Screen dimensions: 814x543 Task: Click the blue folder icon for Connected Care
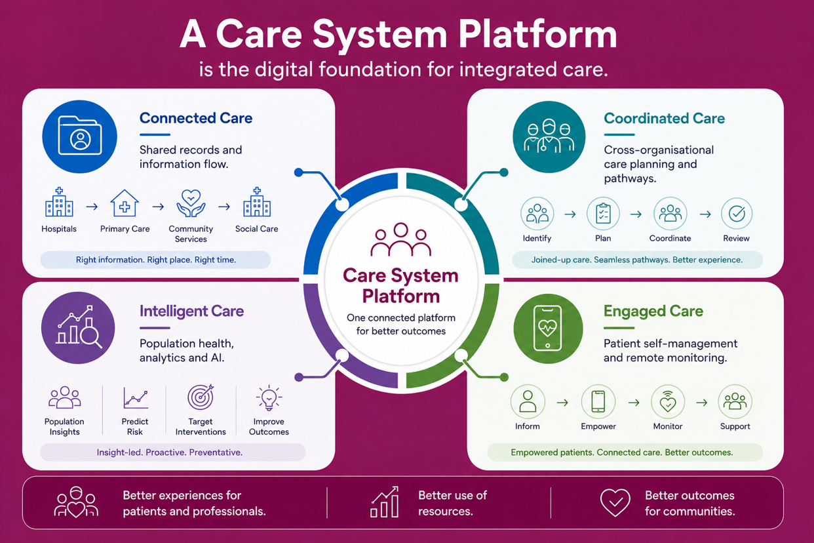pos(79,136)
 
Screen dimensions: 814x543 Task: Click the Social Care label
pos(256,229)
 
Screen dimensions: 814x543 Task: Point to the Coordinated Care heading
pos(665,118)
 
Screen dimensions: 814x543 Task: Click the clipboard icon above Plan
pos(603,214)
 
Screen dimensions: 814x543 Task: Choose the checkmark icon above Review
pos(737,214)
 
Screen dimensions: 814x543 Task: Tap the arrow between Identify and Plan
pos(570,214)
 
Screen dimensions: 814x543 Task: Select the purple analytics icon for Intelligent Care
pos(78,328)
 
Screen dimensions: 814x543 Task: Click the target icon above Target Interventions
pos(201,397)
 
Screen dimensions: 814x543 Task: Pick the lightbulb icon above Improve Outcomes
pos(269,397)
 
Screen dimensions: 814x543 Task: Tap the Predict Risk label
pos(135,427)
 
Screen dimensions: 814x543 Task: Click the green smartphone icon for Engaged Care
pos(548,329)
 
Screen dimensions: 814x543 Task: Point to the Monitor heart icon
pos(668,402)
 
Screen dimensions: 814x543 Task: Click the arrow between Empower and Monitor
pos(634,403)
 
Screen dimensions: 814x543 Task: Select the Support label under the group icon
pos(735,426)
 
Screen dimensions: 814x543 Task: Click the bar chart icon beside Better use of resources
pos(385,502)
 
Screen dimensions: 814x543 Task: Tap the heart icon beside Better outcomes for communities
pos(615,502)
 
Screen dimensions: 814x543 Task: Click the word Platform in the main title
pos(537,34)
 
